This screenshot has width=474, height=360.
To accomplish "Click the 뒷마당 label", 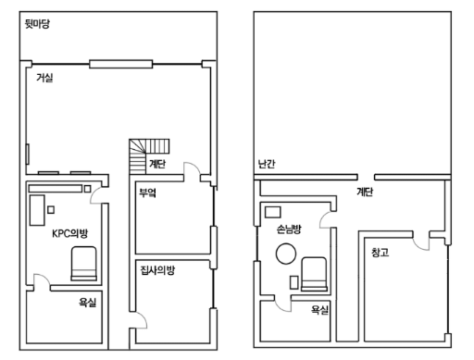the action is point(37,24).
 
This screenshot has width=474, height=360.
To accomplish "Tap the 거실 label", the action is point(44,78).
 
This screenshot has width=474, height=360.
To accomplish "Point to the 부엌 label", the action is point(147,192).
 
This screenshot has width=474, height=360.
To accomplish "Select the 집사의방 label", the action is point(157,270).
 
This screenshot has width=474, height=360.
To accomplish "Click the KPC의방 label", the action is point(70,233).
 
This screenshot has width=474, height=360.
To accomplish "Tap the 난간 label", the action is point(267,164).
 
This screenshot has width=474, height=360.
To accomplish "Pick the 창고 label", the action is point(380,253).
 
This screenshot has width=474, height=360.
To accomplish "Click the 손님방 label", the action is point(289,229).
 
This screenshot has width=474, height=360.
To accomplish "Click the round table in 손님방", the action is point(286,254).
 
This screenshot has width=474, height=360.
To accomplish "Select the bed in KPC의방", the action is point(83,264).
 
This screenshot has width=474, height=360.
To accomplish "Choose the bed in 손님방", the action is point(314,274).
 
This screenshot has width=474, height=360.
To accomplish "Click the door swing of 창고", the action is point(421,243).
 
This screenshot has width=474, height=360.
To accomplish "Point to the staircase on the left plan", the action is point(146,155).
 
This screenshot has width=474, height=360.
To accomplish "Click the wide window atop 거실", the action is point(120,64).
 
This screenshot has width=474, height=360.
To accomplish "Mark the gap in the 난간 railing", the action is point(366,177).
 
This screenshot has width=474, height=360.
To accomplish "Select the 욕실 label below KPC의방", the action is point(88,303).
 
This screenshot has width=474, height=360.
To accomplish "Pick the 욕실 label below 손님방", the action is point(319,310).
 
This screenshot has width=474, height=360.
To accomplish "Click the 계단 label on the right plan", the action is point(365,192).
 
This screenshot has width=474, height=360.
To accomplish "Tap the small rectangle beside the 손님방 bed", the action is point(293,282).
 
